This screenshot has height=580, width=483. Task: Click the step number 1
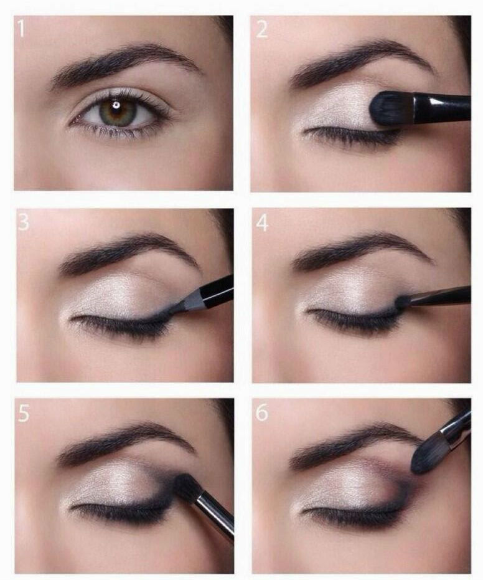pyautogui.click(x=21, y=29)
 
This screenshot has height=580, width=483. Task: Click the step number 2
pyautogui.click(x=261, y=29)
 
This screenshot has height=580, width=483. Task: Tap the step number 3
pyautogui.click(x=23, y=222)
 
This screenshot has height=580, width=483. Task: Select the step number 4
pyautogui.click(x=262, y=223)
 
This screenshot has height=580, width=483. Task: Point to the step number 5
pyautogui.click(x=23, y=413)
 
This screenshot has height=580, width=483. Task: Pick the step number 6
pyautogui.click(x=261, y=413)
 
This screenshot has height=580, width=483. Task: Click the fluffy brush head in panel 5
pyautogui.click(x=186, y=487)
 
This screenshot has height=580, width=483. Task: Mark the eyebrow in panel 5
pyautogui.click(x=124, y=442)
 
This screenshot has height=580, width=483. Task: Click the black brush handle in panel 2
pyautogui.click(x=443, y=108)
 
